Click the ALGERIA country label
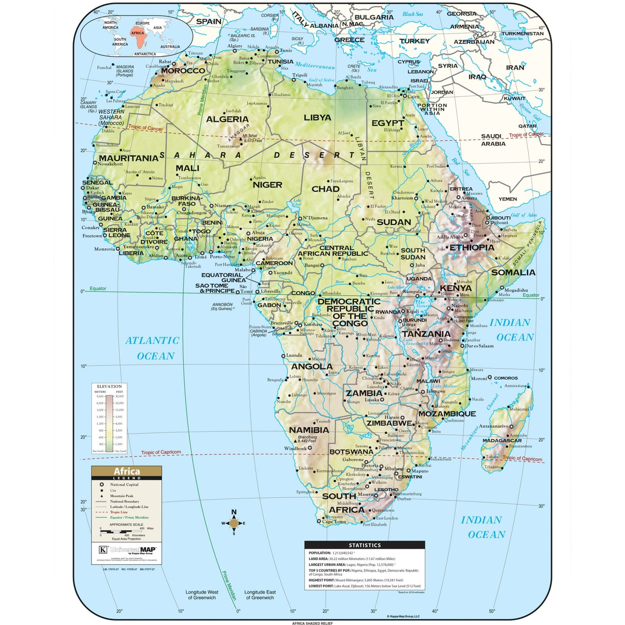tap(227, 119)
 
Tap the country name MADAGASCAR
tap(502, 441)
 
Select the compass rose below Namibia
tap(234, 523)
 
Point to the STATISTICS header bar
tap(364, 545)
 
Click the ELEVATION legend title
tap(110, 386)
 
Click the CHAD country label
tap(325, 189)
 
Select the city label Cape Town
tap(334, 522)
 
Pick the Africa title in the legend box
tap(127, 471)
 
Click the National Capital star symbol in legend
tap(101, 484)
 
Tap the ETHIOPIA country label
tap(472, 248)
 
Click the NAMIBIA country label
tap(308, 430)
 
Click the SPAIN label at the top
tap(209, 22)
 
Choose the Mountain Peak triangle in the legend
tap(101, 496)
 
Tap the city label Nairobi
tap(459, 306)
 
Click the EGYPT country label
tap(388, 123)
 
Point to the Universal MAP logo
tap(127, 549)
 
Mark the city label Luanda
tap(294, 355)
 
